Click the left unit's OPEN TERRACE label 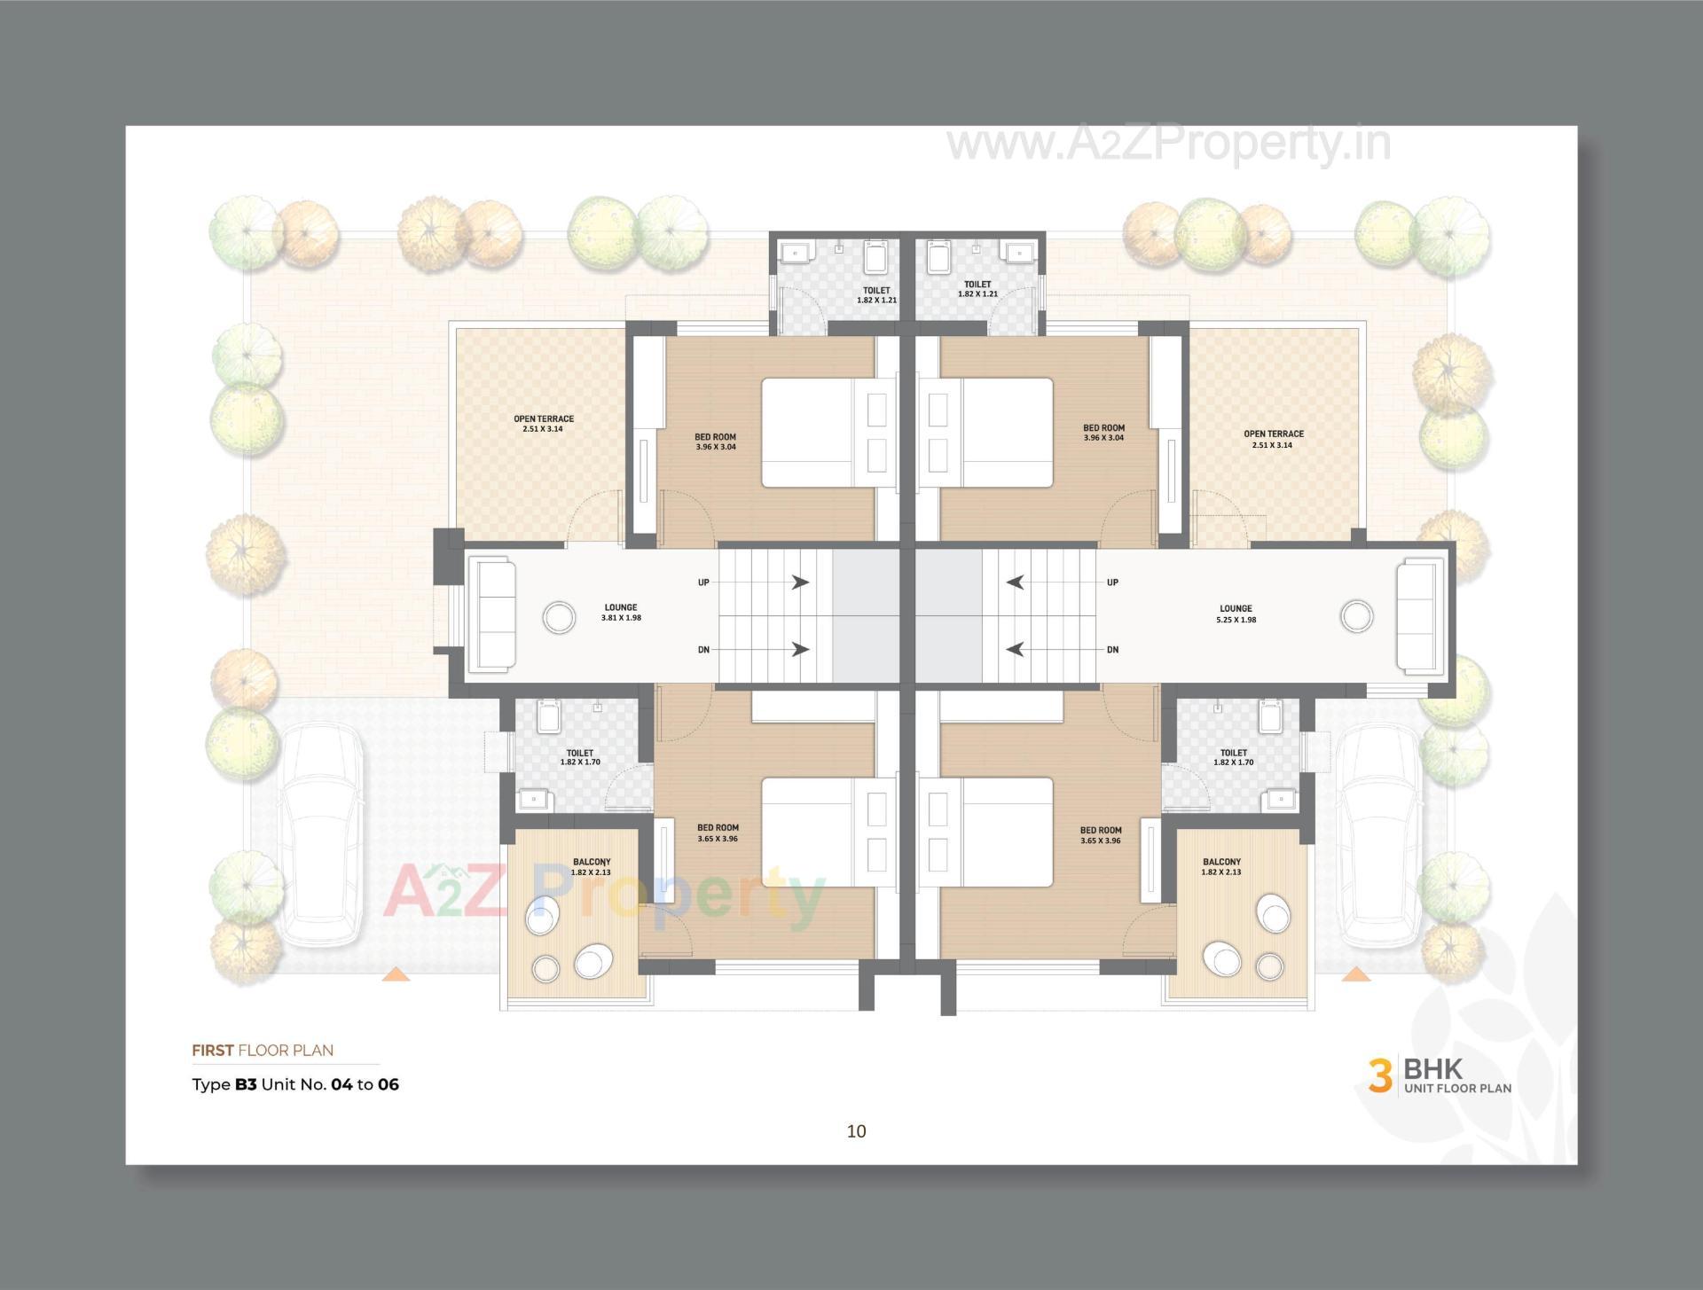pos(544,424)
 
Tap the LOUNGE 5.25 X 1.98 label pos(1236,614)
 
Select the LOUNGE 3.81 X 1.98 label pos(621,612)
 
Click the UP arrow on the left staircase pos(800,582)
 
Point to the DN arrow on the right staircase pos(1016,649)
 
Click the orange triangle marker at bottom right pos(1354,975)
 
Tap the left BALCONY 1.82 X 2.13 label pos(592,866)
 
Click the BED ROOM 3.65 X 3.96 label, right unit pos(1101,835)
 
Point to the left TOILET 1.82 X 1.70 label pos(580,757)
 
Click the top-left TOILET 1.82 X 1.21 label pos(876,295)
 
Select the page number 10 pos(856,1131)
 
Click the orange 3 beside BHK pos(1379,1075)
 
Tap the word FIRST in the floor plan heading pos(213,1051)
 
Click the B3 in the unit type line pos(246,1084)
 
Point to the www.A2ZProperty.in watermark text pos(1169,145)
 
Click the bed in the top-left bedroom pos(807,433)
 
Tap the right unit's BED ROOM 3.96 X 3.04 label pos(1103,432)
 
